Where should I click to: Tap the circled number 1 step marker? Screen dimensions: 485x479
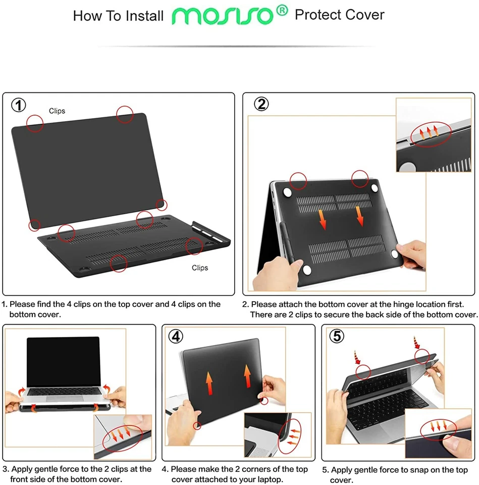19,105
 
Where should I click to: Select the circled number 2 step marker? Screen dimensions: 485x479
260,104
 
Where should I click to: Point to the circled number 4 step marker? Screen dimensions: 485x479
176,336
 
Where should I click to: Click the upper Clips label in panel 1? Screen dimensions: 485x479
57,111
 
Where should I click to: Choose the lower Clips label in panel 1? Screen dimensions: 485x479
200,268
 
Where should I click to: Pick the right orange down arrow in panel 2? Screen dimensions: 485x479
360,215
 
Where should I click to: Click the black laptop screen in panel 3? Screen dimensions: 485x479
63,361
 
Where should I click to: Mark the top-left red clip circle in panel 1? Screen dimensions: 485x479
35,123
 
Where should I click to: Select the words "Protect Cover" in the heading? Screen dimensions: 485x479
339,15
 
